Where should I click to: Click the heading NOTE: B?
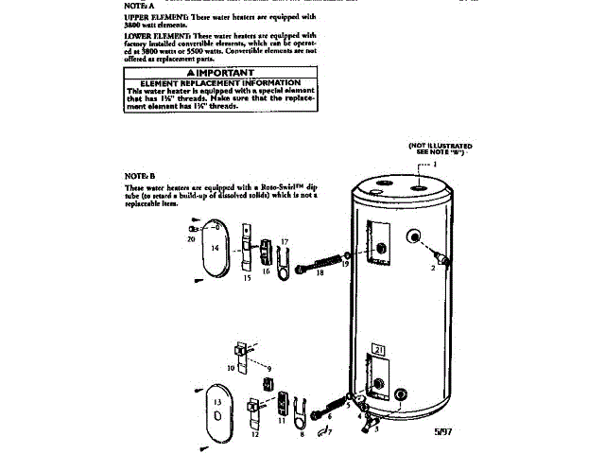click(139, 176)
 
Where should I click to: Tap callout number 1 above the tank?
click(436, 163)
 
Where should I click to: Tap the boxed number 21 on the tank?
click(380, 349)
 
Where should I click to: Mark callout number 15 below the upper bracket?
click(247, 279)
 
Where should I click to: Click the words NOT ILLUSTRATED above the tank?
click(440, 146)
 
